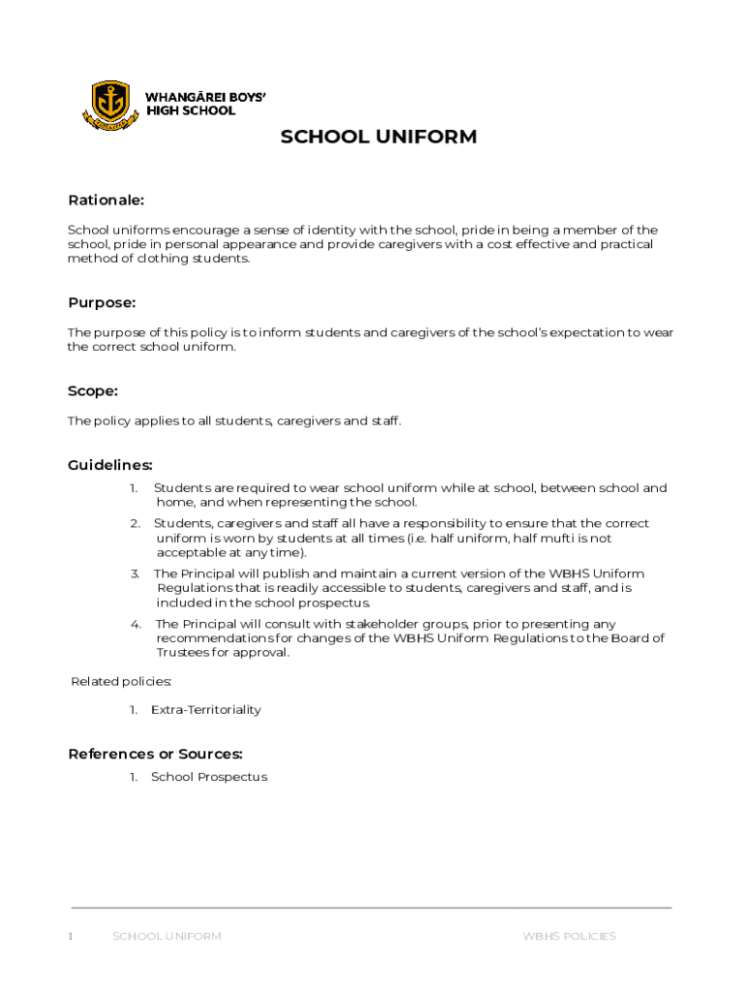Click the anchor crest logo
109,104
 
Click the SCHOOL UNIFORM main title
378,137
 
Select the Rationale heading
106,201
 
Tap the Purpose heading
102,302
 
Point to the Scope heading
93,390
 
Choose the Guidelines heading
110,465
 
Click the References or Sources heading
155,754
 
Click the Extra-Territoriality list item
205,710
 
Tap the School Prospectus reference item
208,777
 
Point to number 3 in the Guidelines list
136,573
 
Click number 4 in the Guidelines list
136,624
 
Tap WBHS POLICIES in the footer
569,936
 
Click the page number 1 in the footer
71,936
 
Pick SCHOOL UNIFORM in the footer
167,936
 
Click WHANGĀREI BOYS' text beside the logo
205,97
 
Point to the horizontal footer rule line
372,908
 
